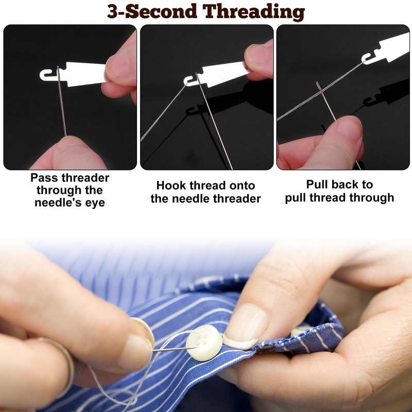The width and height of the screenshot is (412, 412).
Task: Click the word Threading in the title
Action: click(253, 12)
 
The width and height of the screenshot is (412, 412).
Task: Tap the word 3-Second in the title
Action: click(152, 11)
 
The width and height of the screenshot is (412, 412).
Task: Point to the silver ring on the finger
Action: click(62, 363)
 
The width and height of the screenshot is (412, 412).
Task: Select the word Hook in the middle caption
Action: click(171, 185)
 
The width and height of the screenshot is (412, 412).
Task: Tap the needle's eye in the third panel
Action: click(319, 87)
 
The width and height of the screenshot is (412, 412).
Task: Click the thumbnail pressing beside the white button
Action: click(245, 326)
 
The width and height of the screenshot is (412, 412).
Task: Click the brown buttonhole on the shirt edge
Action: click(265, 350)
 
